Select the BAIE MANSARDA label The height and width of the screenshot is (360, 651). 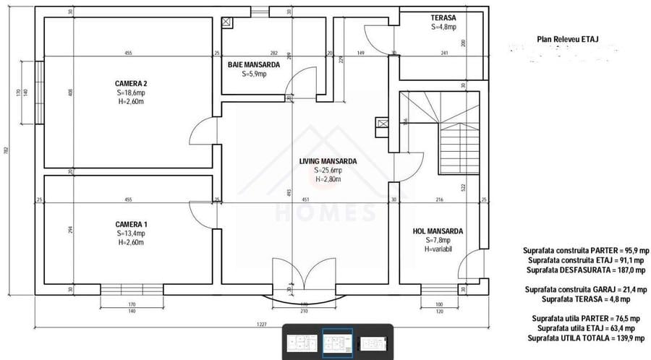coord(254,65)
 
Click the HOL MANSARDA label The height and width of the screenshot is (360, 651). coord(438,231)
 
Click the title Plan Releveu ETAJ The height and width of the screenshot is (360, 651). coord(568,41)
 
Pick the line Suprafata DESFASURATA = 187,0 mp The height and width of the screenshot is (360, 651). coord(586,269)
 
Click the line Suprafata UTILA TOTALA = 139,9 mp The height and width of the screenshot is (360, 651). coord(586,338)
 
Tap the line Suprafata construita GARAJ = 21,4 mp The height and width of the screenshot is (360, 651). coord(586,289)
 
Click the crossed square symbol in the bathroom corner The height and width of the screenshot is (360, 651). coord(227,22)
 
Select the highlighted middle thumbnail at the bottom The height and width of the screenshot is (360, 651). coord(337,342)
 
